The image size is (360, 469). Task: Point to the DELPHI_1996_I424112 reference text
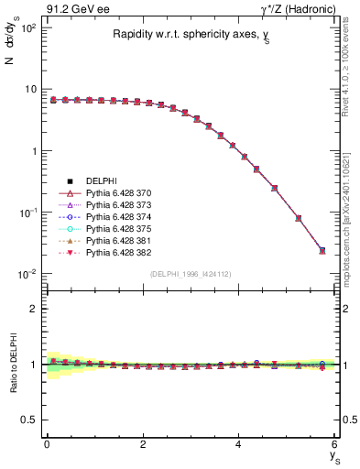click(191, 275)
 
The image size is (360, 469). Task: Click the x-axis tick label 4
click(239, 444)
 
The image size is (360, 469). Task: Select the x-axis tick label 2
click(143, 444)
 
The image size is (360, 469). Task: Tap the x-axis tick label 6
click(335, 444)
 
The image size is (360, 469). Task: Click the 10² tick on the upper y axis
click(27, 28)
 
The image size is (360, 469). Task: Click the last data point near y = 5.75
click(322, 250)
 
